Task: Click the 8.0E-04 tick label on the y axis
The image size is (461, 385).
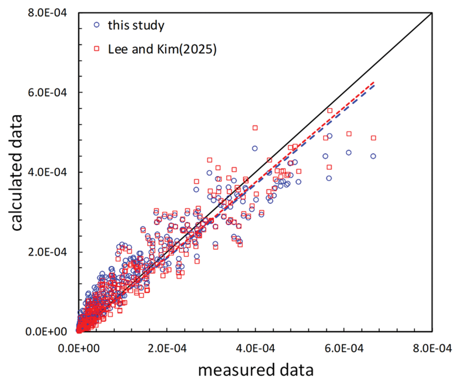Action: click(47, 13)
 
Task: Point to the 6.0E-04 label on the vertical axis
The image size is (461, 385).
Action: click(47, 92)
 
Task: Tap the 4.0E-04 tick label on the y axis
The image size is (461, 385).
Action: click(47, 172)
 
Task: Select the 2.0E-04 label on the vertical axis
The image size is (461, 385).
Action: click(47, 252)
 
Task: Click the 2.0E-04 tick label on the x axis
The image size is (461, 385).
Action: click(167, 348)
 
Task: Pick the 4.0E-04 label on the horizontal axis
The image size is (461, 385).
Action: click(255, 348)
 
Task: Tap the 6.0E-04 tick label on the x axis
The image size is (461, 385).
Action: click(344, 348)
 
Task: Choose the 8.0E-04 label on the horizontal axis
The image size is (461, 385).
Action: click(432, 348)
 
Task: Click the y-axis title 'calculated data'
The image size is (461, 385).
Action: click(17, 172)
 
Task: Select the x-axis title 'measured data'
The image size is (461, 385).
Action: click(256, 370)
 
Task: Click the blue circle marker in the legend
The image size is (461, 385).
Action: click(96, 25)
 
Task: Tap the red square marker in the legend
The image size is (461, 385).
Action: click(96, 49)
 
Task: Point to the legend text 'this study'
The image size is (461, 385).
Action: click(136, 25)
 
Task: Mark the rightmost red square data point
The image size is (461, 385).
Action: click(374, 138)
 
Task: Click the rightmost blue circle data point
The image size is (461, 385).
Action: click(373, 156)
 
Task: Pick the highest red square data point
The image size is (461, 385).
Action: click(330, 110)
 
